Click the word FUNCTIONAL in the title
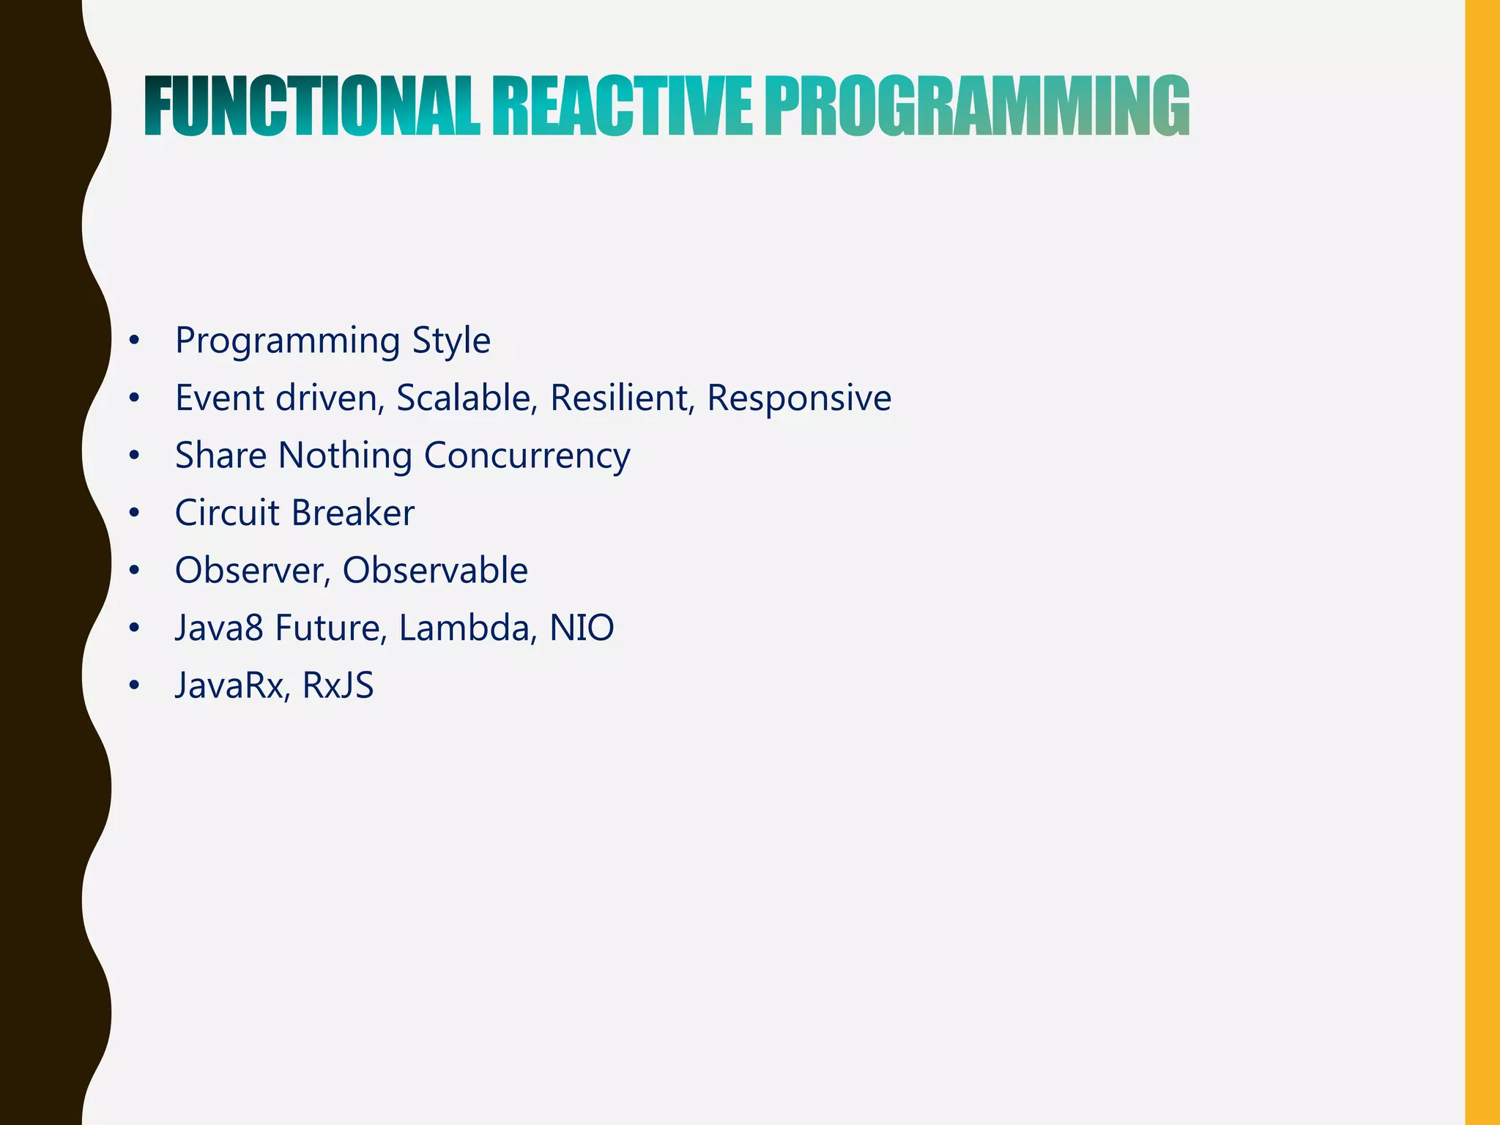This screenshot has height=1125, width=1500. point(312,108)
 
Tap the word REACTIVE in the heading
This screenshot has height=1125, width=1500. point(622,108)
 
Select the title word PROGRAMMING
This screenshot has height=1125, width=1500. point(977,108)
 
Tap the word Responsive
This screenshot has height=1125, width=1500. point(799,398)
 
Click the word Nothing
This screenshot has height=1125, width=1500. point(345,456)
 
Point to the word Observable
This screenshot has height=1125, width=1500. point(435,571)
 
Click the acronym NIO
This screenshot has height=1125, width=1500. point(582,628)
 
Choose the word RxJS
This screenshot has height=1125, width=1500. point(338,686)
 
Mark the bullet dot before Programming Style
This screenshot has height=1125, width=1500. point(133,341)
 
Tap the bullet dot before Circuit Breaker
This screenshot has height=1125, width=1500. point(133,513)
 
